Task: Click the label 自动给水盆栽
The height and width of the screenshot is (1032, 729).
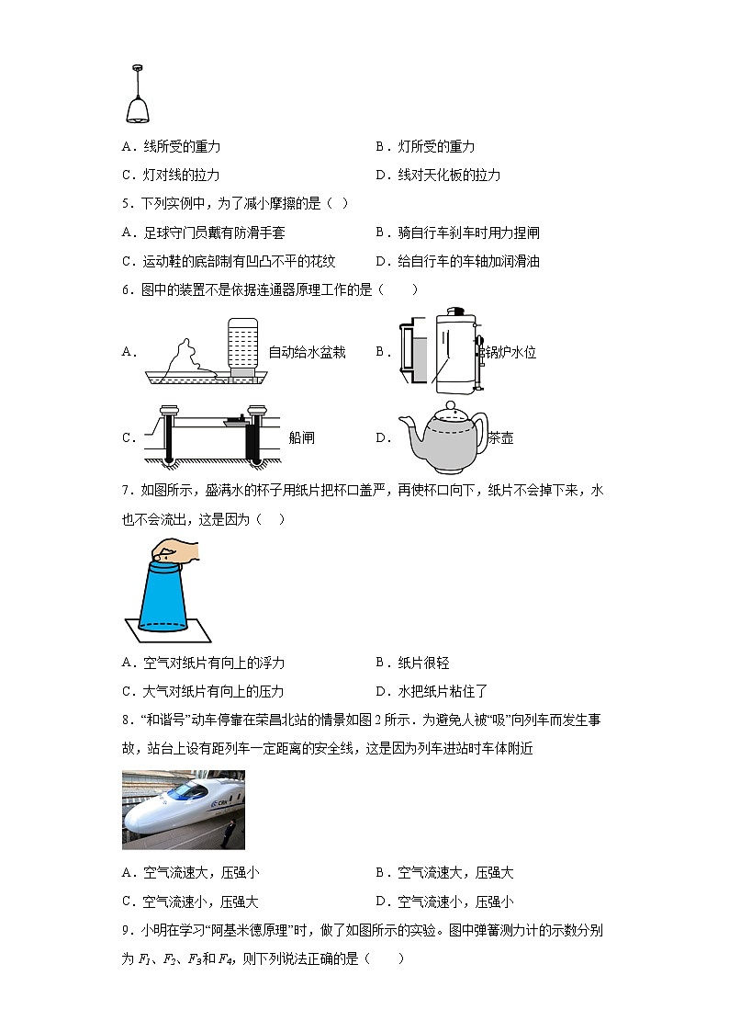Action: pyautogui.click(x=307, y=352)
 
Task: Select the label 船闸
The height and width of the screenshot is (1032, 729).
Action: pyautogui.click(x=301, y=437)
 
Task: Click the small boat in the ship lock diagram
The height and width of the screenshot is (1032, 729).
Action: pyautogui.click(x=233, y=421)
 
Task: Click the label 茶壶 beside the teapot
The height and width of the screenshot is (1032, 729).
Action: pyautogui.click(x=500, y=437)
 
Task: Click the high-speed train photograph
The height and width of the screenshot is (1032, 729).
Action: pyautogui.click(x=184, y=810)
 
